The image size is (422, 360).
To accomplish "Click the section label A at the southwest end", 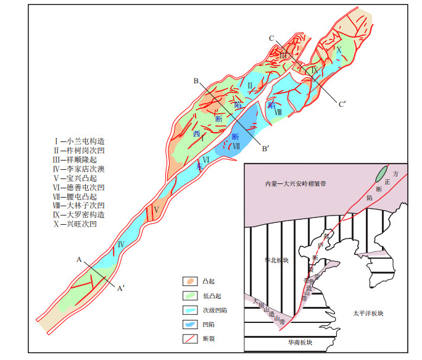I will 79,261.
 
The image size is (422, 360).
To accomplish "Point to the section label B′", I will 266,148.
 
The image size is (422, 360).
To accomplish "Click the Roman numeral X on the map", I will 338,49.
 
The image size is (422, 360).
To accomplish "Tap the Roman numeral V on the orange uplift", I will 157,209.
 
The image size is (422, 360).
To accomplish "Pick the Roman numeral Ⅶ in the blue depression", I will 236,146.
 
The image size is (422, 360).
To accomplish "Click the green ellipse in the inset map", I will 383,174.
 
